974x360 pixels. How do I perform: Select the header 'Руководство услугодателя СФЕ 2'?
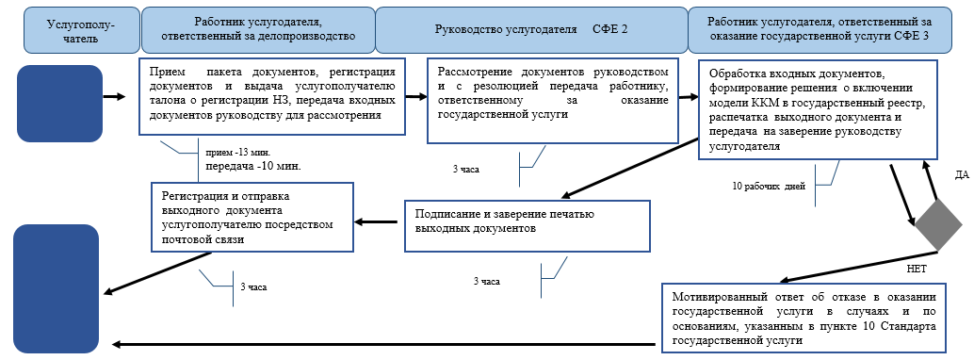click(x=530, y=29)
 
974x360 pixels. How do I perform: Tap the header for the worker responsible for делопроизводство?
click(x=257, y=29)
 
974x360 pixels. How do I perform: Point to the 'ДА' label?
click(x=960, y=175)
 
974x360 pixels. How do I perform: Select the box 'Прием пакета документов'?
click(x=273, y=97)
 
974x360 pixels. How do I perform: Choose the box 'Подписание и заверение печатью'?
click(x=528, y=225)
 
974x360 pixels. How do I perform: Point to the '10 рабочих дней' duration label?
click(x=769, y=187)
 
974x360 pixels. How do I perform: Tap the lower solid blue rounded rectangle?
click(x=57, y=286)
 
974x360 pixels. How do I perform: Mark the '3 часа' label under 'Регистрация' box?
click(x=253, y=286)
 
